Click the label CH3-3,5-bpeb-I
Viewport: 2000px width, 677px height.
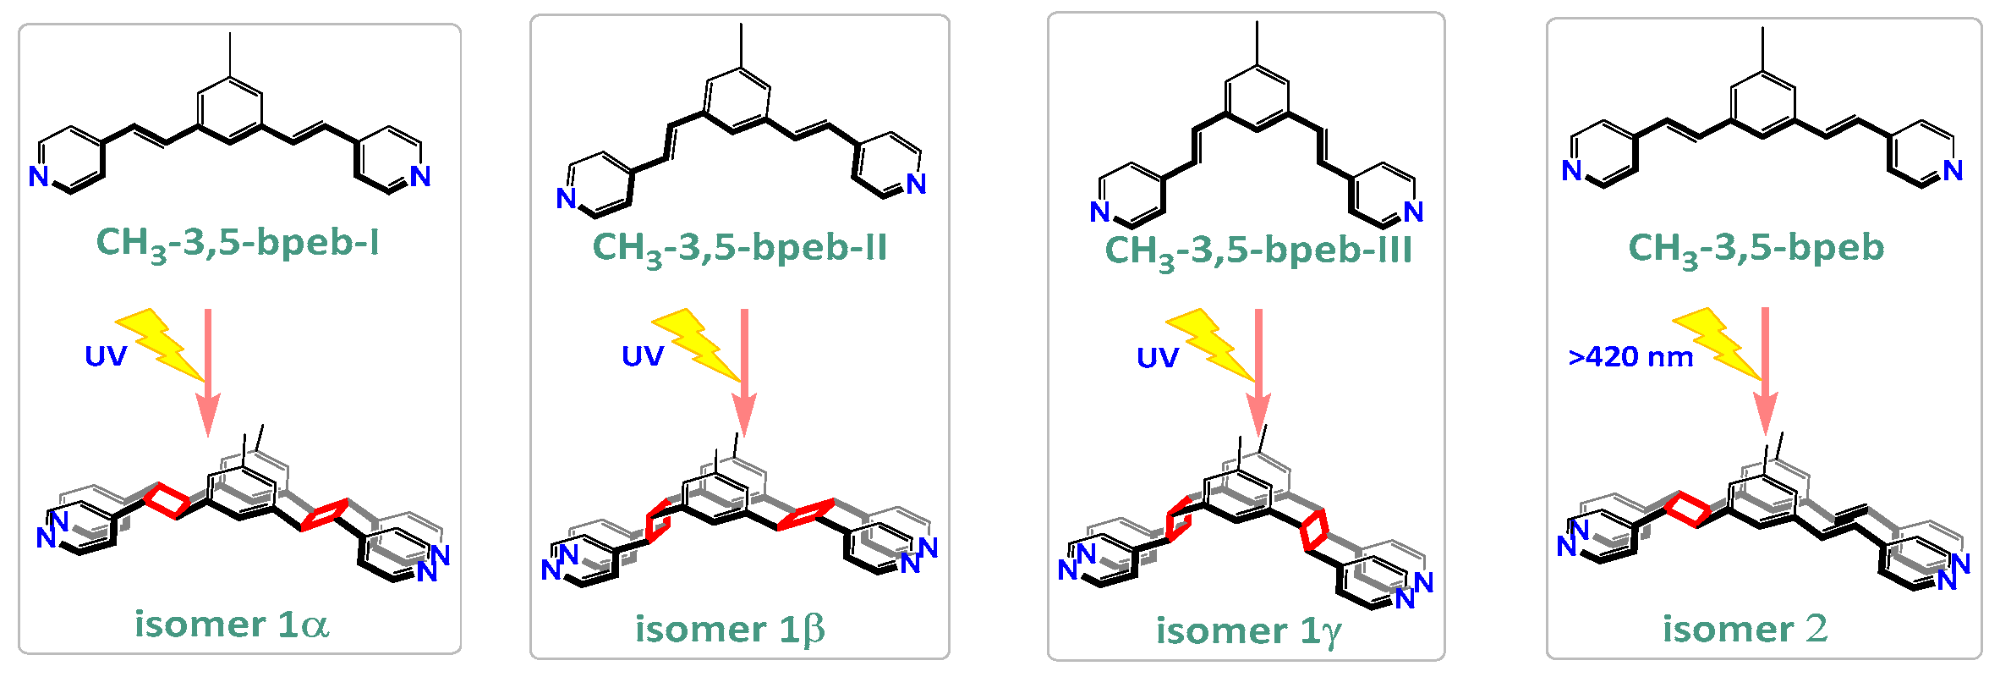coord(238,243)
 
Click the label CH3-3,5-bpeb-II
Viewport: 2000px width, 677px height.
coord(740,248)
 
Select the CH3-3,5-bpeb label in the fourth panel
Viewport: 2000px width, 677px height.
coord(1756,248)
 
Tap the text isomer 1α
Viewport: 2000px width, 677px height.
coord(232,625)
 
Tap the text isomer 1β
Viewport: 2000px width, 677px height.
coord(730,630)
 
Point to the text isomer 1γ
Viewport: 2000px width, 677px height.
coord(1248,631)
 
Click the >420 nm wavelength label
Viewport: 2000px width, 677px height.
coord(1630,357)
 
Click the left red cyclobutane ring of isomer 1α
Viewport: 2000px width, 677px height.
coord(166,500)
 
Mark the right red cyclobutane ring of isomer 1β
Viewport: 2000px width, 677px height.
coord(805,515)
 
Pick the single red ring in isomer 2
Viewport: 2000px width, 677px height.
coord(1686,509)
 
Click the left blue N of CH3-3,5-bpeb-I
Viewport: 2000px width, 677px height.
coord(39,176)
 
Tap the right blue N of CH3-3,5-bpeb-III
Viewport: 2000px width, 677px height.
coord(1413,212)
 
